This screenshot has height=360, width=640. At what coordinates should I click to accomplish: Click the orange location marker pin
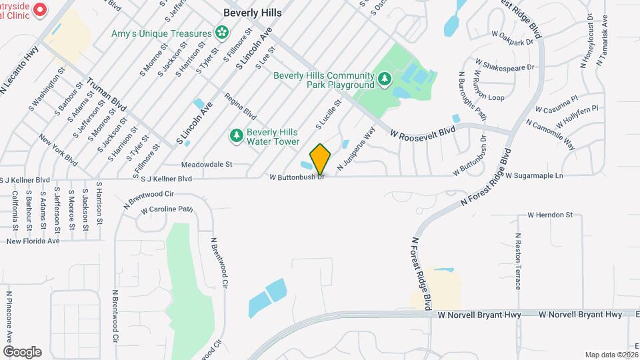tap(321, 159)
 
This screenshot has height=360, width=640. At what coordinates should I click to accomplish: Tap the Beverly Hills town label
tap(253, 13)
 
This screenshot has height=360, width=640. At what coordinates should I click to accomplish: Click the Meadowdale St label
tap(206, 163)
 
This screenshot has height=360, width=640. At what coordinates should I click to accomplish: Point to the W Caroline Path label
tap(167, 210)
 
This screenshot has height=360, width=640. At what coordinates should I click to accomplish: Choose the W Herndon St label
tap(550, 215)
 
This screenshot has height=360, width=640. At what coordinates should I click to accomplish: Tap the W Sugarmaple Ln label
tap(534, 176)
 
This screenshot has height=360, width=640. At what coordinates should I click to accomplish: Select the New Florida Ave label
tap(33, 241)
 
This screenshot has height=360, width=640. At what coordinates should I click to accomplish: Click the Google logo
tap(22, 351)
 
